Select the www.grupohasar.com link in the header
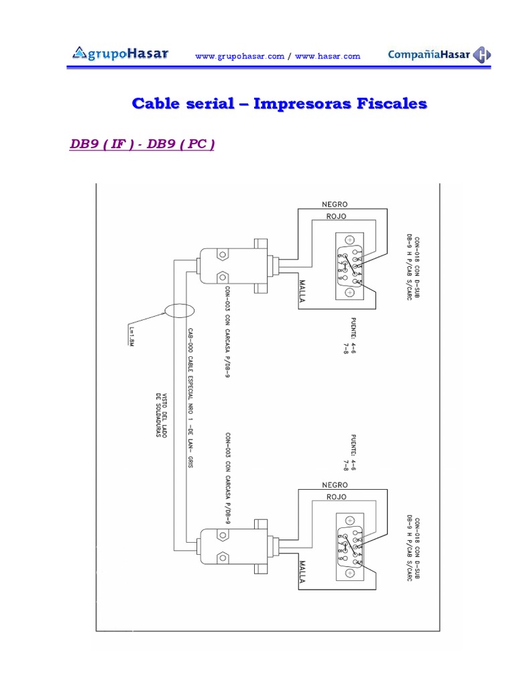[239, 56]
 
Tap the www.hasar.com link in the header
[327, 56]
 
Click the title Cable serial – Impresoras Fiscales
[279, 104]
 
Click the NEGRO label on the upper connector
[335, 204]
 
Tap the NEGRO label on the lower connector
[335, 484]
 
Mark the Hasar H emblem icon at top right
[481, 55]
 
